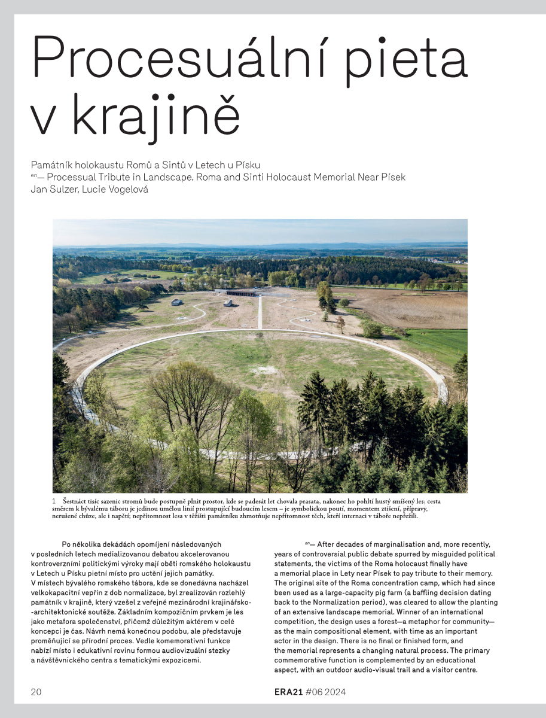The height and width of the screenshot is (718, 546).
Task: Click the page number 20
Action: point(36,692)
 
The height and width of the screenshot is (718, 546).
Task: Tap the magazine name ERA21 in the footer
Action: point(285,692)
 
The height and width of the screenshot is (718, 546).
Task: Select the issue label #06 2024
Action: point(326,692)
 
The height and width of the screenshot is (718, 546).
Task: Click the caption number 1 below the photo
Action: point(54,500)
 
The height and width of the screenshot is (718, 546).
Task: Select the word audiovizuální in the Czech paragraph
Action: point(178,650)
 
